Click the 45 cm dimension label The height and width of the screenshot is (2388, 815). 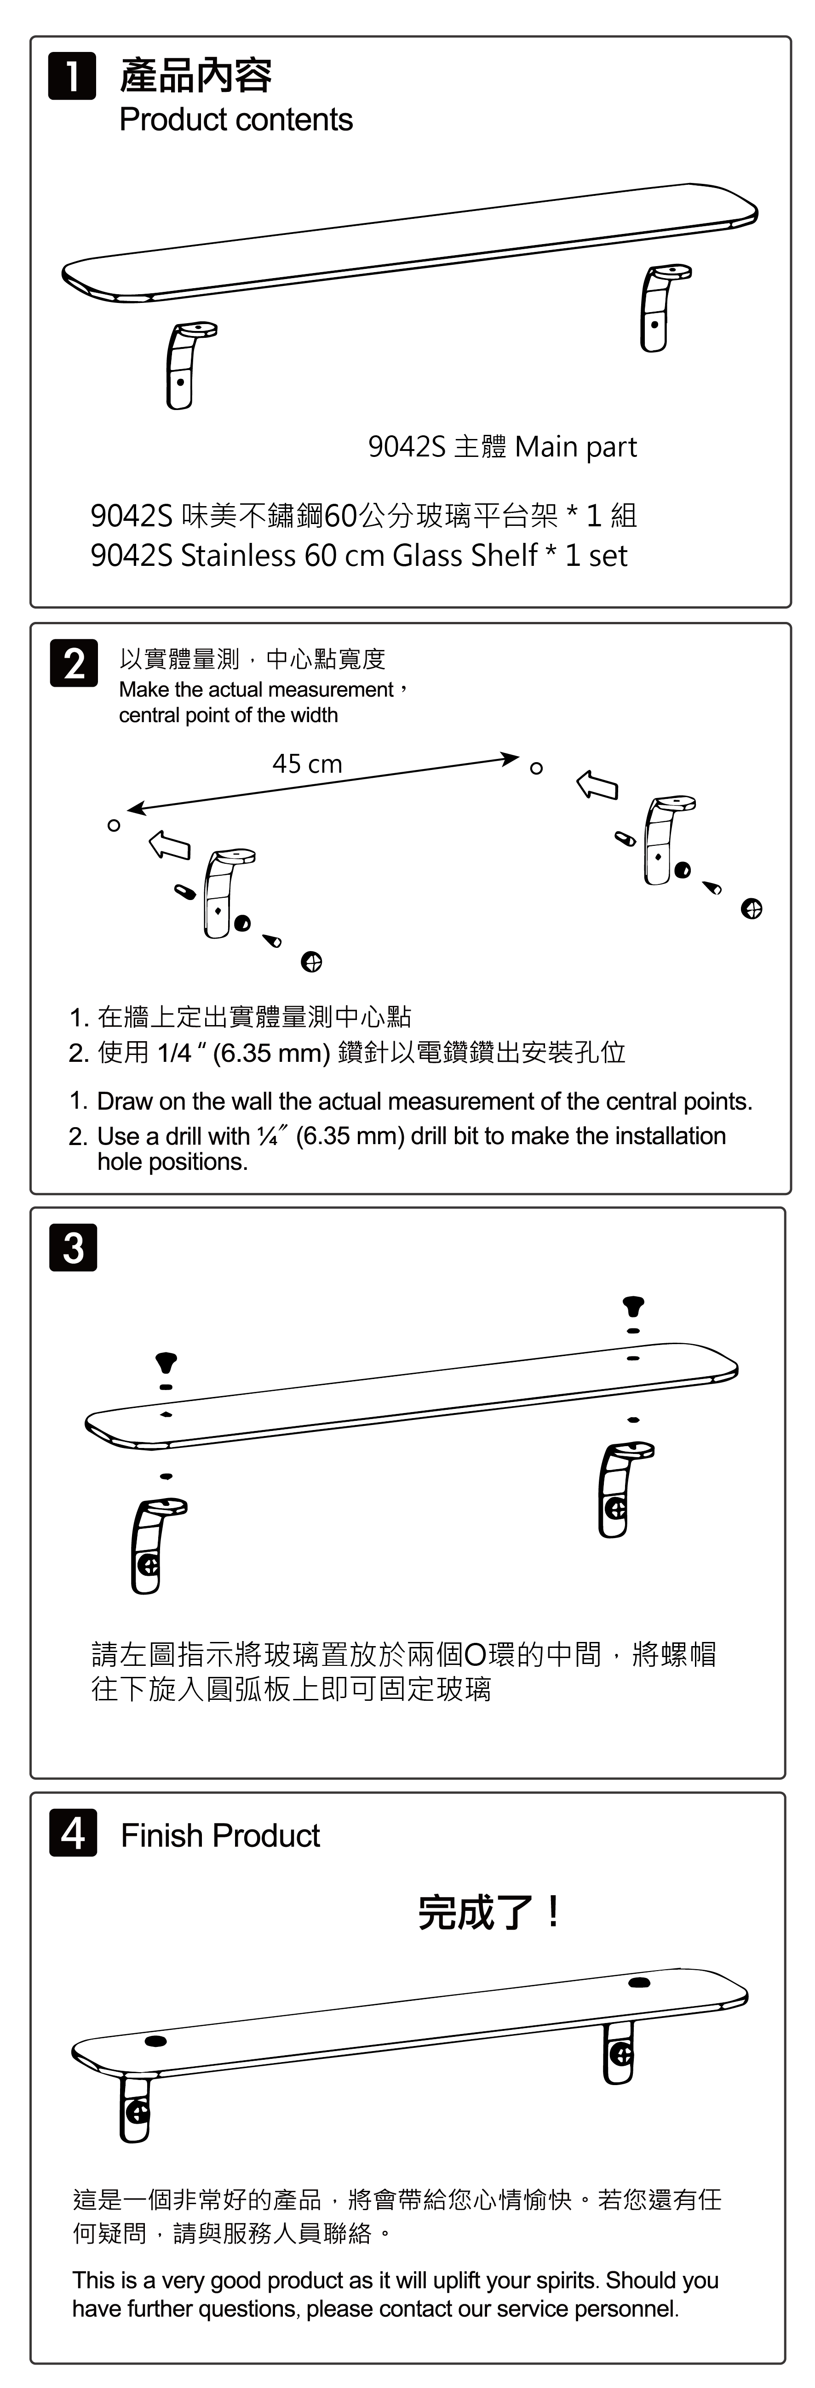click(x=307, y=764)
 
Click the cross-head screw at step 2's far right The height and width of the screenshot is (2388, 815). click(x=751, y=908)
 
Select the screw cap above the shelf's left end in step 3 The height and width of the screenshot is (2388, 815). click(x=166, y=1362)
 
